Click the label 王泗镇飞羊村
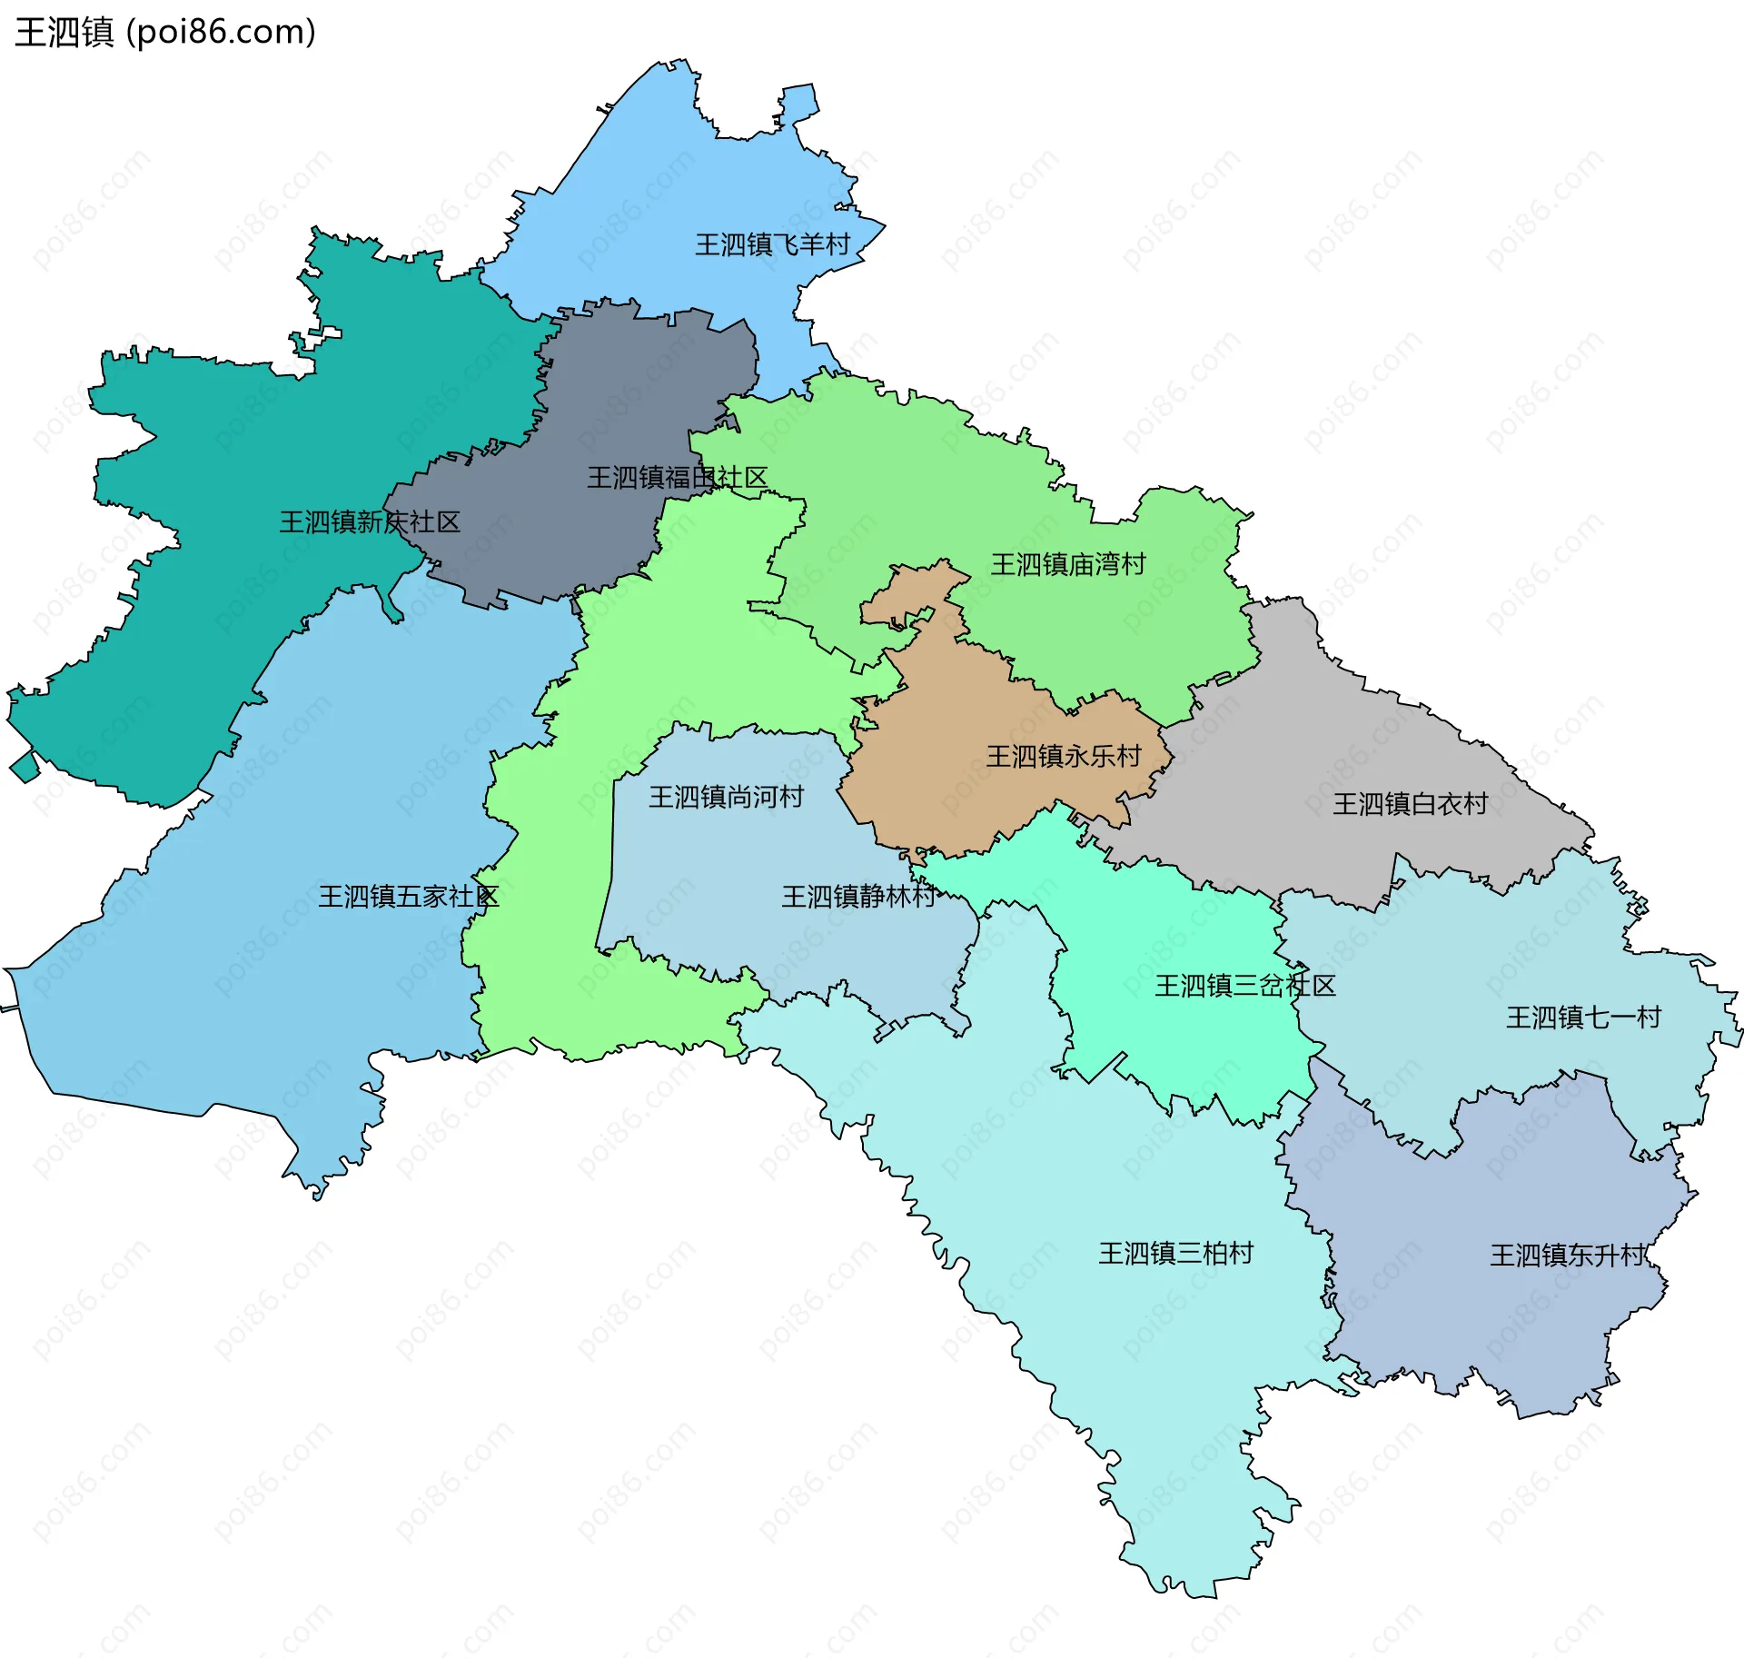click(x=772, y=244)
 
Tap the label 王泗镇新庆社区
click(x=370, y=521)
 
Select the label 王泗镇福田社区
click(x=677, y=477)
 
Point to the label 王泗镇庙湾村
click(x=1068, y=564)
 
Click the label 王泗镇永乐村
click(x=1064, y=756)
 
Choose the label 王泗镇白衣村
click(x=1410, y=803)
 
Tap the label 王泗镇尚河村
click(x=726, y=797)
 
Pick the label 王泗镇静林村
click(x=858, y=897)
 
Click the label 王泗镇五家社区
click(x=408, y=897)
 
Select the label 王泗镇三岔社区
click(x=1244, y=986)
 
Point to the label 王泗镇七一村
click(x=1583, y=1017)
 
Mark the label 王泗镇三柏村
click(x=1175, y=1253)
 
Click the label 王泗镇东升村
click(x=1568, y=1255)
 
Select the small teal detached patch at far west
click(x=24, y=766)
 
